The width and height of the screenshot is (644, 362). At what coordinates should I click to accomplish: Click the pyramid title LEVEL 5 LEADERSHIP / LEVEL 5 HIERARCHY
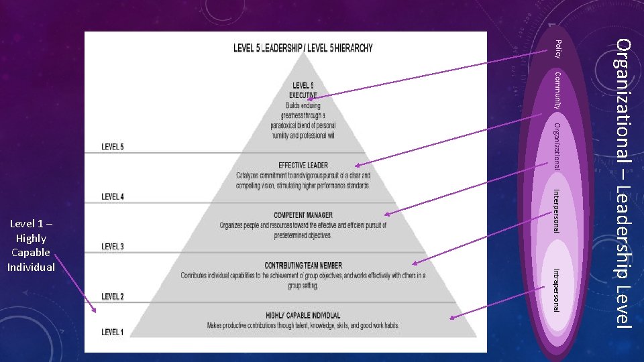303,48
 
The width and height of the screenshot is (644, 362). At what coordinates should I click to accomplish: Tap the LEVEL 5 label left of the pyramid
113,147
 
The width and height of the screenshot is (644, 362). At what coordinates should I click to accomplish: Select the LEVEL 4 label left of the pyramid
113,196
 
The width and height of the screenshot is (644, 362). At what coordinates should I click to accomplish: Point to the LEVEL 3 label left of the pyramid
113,247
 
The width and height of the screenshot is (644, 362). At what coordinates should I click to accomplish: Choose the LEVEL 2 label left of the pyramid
113,296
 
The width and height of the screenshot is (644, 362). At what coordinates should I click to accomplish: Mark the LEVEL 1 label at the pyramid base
113,332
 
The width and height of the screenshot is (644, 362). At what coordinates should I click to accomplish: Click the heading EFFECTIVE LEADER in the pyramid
303,165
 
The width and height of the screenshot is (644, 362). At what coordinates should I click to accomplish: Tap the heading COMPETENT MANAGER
303,215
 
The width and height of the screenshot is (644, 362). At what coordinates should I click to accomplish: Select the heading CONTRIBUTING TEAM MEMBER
303,265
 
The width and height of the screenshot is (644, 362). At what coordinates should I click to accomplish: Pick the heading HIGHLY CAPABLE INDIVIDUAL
303,315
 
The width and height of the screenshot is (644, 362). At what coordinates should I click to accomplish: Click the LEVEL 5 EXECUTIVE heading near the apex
303,90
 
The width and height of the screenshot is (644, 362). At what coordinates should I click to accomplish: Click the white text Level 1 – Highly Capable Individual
31,245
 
